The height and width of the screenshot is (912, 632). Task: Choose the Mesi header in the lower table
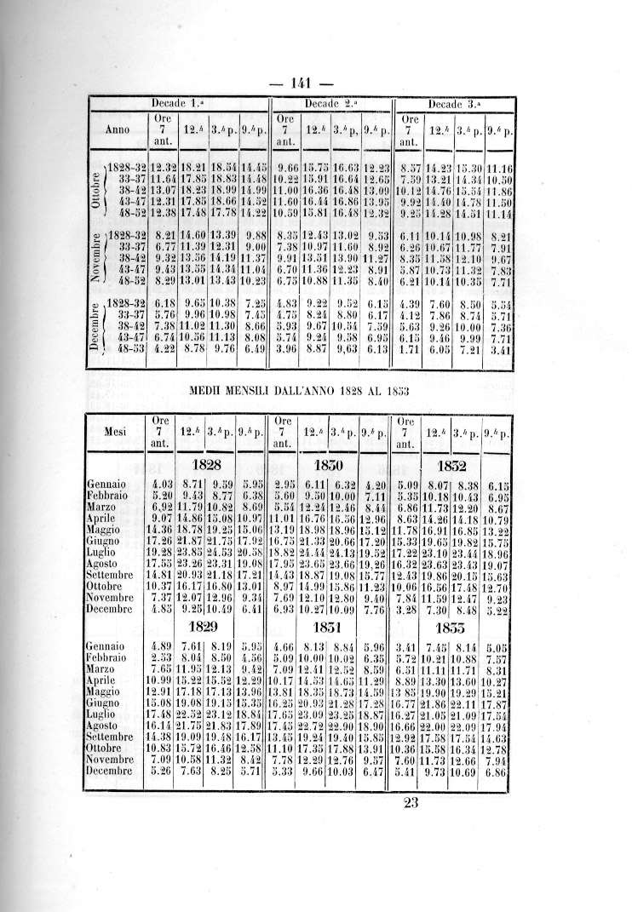[x=115, y=431]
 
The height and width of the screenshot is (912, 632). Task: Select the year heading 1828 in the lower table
[x=209, y=466]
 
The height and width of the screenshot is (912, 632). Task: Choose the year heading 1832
[x=452, y=467]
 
